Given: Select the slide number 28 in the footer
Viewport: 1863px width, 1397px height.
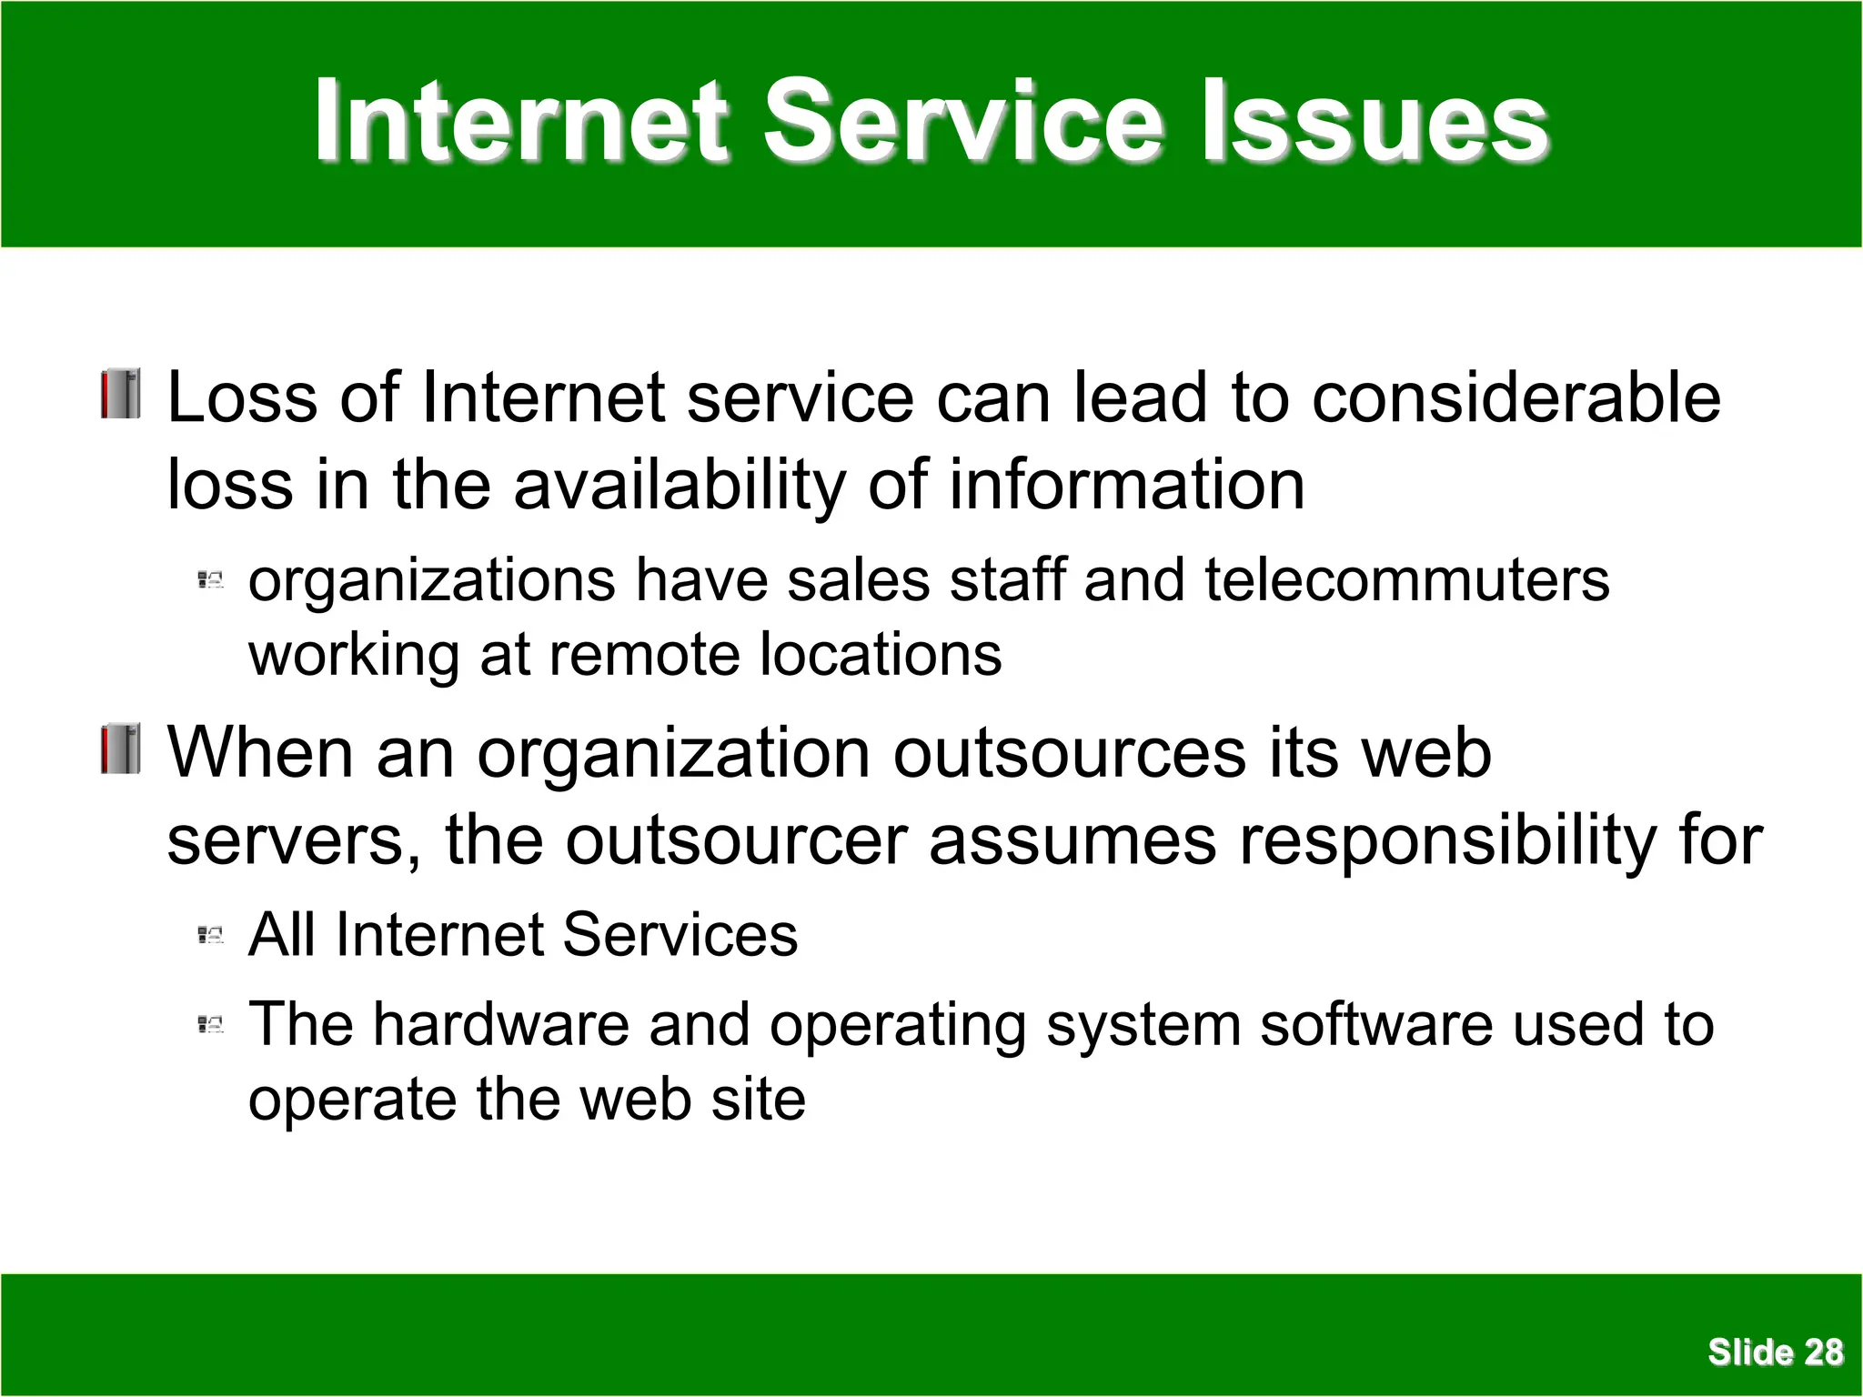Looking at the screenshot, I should [x=1823, y=1352].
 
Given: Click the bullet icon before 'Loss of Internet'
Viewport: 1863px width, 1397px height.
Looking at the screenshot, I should [x=121, y=394].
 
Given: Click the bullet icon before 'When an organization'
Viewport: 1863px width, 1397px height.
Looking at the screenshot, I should [x=121, y=749].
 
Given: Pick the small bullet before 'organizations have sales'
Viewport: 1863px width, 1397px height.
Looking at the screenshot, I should [x=210, y=579].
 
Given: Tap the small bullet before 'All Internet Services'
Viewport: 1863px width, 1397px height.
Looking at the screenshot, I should [x=210, y=934].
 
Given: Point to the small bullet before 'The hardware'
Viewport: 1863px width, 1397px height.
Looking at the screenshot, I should [x=210, y=1025].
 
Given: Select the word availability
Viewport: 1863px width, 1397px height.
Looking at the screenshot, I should [x=680, y=486].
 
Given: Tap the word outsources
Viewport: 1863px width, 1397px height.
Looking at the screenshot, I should [x=1069, y=754].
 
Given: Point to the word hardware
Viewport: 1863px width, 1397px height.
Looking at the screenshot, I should [x=501, y=1025].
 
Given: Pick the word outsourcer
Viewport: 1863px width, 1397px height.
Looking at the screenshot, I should [x=736, y=840].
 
